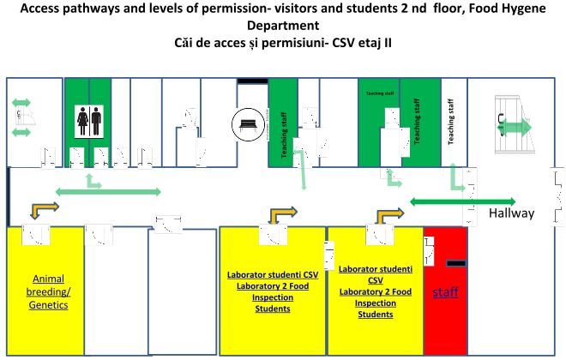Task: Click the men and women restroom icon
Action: tap(89, 120)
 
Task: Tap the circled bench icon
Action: tap(247, 126)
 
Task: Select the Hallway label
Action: tap(511, 213)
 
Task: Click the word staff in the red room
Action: tap(444, 292)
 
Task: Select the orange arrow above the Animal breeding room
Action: tap(45, 209)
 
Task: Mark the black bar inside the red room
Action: tap(455, 261)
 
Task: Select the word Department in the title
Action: tap(282, 26)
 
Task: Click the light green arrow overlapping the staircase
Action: tap(515, 127)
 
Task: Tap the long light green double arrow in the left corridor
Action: tap(108, 190)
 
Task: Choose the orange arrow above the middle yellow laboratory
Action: tap(282, 213)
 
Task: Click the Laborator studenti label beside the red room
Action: tap(375, 274)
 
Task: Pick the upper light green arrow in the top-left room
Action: tap(21, 103)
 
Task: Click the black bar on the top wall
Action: tap(252, 81)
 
